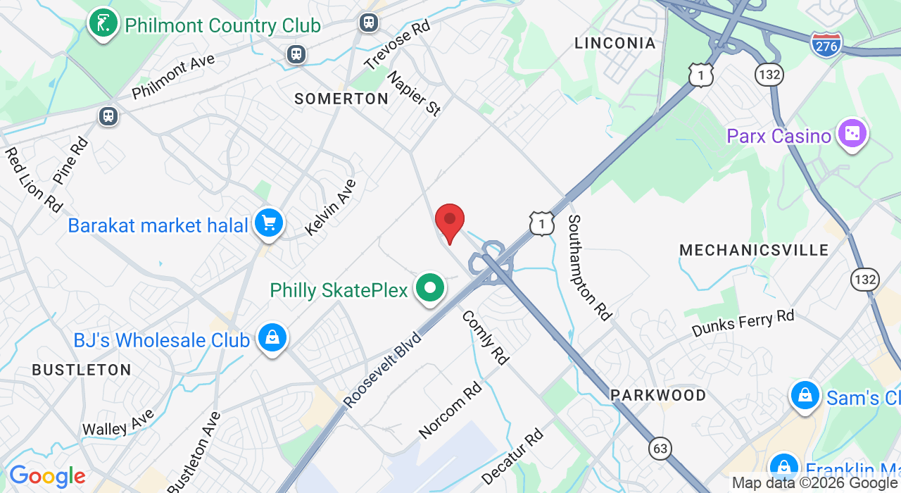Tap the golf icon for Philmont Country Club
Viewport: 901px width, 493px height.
(103, 23)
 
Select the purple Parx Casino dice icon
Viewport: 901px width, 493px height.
(852, 133)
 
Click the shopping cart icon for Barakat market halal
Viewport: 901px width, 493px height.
(268, 224)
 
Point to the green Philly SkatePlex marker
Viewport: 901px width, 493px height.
(430, 288)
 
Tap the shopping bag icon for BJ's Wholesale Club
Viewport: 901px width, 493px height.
(272, 339)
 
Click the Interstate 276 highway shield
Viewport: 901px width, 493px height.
(826, 44)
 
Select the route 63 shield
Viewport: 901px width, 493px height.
(660, 449)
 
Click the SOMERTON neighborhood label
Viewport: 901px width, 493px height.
(341, 99)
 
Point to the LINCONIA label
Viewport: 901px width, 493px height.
(615, 43)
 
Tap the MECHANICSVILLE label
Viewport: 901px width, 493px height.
(754, 250)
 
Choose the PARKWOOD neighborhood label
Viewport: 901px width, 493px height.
(658, 395)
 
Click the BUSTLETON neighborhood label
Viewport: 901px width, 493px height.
(82, 370)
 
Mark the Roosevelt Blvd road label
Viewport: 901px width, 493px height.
(382, 370)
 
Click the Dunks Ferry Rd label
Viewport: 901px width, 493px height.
(743, 323)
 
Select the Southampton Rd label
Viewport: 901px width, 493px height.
(589, 268)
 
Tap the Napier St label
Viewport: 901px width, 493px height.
(414, 93)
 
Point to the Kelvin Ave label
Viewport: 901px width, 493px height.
(330, 207)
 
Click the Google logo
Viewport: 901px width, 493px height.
(47, 477)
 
